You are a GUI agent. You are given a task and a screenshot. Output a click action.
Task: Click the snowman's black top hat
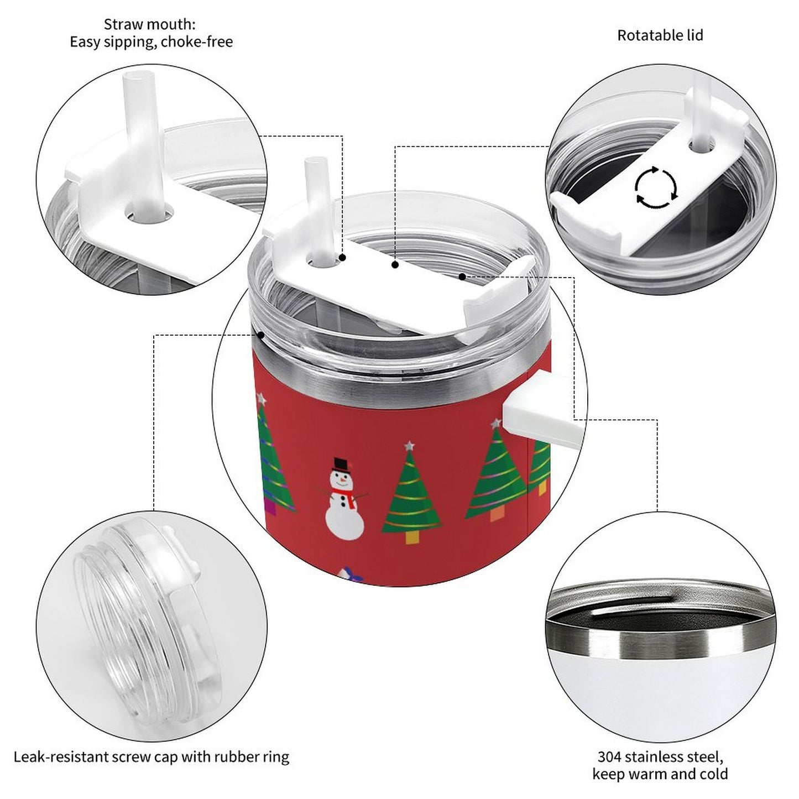pyautogui.click(x=340, y=464)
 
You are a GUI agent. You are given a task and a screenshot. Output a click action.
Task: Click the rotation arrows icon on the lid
pyautogui.click(x=656, y=187)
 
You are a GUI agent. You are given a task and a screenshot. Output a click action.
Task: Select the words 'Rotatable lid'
pyautogui.click(x=660, y=35)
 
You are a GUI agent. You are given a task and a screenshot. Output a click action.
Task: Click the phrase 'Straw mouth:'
pyautogui.click(x=149, y=24)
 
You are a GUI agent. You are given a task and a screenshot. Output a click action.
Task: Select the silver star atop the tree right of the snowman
pyautogui.click(x=409, y=446)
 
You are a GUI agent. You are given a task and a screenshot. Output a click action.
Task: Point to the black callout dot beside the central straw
pyautogui.click(x=343, y=258)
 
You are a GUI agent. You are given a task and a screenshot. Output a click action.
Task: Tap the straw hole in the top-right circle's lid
pyautogui.click(x=702, y=147)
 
